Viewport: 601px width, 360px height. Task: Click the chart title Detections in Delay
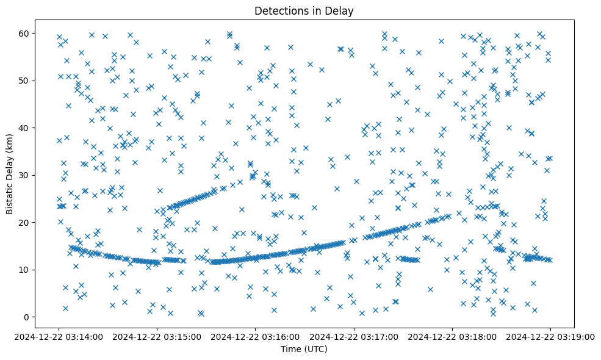pyautogui.click(x=304, y=11)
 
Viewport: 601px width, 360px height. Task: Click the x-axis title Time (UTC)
pyautogui.click(x=304, y=349)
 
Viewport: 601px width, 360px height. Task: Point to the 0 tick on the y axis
pyautogui.click(x=27, y=317)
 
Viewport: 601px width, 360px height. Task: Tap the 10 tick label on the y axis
pyautogui.click(x=24, y=270)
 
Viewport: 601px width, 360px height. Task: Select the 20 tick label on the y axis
pyautogui.click(x=24, y=223)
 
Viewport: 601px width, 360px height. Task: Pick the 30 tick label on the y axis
pyautogui.click(x=24, y=175)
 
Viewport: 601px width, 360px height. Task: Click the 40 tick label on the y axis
pyautogui.click(x=24, y=128)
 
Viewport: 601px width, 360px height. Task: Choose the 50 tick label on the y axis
pyautogui.click(x=24, y=81)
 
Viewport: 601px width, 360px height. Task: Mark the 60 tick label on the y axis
pyautogui.click(x=24, y=33)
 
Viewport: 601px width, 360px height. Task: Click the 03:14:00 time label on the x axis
pyautogui.click(x=59, y=336)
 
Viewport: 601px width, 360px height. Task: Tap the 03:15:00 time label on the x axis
pyautogui.click(x=157, y=336)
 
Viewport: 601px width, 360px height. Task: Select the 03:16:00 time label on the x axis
pyautogui.click(x=256, y=336)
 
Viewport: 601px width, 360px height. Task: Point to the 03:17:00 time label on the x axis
pyautogui.click(x=354, y=336)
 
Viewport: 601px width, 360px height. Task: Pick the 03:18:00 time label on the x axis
pyautogui.click(x=452, y=336)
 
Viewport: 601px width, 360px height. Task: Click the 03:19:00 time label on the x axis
pyautogui.click(x=550, y=336)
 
